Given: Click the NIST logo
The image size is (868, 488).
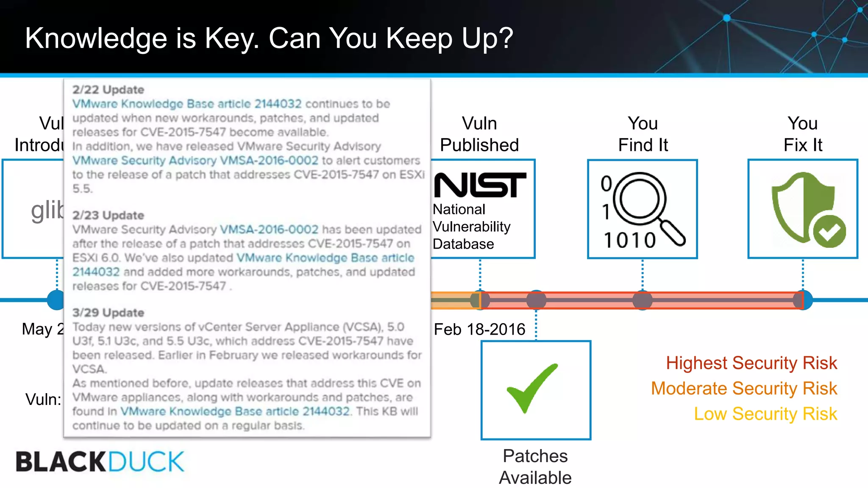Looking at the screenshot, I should click(480, 185).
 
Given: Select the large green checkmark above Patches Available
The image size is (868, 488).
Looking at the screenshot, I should click(532, 387).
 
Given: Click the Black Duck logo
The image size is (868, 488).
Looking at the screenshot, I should click(100, 461).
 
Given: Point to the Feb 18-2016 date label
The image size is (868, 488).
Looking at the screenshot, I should click(479, 329).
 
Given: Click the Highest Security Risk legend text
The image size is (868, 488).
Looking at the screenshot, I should click(751, 363).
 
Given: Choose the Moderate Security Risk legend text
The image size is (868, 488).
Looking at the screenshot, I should click(744, 388).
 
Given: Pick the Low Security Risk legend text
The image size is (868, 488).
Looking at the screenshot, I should click(765, 414).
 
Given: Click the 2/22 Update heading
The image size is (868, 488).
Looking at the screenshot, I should click(108, 90).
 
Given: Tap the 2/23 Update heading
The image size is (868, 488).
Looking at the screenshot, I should click(108, 215).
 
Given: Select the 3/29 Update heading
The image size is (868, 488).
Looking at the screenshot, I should click(108, 313).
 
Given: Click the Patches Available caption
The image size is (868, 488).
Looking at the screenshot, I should click(535, 466).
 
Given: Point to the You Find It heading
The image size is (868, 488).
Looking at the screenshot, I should click(643, 134).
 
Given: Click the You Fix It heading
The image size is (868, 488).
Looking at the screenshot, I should click(803, 134).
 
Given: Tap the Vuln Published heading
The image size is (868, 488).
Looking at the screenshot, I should click(479, 134).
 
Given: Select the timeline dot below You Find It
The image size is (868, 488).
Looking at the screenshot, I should click(643, 300).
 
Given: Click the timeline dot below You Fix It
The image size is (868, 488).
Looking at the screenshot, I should click(803, 300).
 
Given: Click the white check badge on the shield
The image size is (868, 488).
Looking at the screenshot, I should click(829, 231).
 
